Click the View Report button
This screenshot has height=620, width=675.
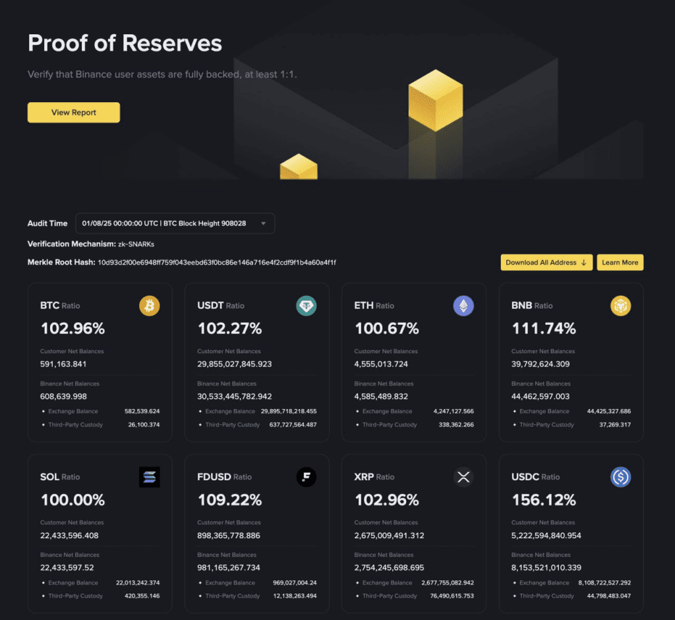[x=74, y=113]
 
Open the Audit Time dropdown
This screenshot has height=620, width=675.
[x=175, y=223]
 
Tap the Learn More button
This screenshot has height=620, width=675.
[x=620, y=262]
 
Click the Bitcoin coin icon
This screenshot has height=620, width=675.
[x=150, y=306]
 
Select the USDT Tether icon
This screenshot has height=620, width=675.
[x=307, y=306]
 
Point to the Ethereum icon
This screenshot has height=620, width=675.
[x=463, y=306]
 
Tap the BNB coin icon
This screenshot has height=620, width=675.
[x=620, y=306]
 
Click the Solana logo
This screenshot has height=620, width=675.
[x=150, y=477]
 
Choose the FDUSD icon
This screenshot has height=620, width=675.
[x=307, y=477]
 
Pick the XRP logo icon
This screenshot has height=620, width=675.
[x=463, y=477]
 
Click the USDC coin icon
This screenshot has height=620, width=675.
[x=620, y=477]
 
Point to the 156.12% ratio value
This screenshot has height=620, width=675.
[x=544, y=499]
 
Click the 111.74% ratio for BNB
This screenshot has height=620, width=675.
[x=544, y=328]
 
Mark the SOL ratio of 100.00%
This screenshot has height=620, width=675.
[x=73, y=499]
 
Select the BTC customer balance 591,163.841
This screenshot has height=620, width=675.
[x=64, y=364]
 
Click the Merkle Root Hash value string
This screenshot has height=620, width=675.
[x=217, y=262]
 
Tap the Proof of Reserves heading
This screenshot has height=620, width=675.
[x=125, y=43]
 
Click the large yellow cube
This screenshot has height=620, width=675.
[x=435, y=99]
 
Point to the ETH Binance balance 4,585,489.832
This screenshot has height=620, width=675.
[x=381, y=397]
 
